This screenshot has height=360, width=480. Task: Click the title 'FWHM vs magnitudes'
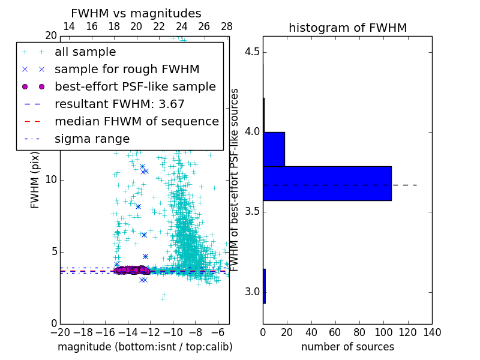136,13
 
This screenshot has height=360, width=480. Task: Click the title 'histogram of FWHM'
348,28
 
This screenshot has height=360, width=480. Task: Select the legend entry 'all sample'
85,52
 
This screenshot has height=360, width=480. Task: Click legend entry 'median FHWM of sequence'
136,121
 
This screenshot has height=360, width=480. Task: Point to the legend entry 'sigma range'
92,139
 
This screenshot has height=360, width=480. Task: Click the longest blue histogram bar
327,183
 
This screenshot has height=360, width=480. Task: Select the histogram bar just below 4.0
274,149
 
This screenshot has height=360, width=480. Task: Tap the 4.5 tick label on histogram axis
252,52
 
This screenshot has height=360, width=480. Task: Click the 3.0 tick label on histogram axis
252,292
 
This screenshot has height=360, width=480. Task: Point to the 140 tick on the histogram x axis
432,332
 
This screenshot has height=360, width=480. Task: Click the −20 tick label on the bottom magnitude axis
60,332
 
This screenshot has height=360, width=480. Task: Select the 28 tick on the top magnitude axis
227,26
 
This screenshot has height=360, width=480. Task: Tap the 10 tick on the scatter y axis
51,180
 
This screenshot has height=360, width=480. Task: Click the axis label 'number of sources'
347,347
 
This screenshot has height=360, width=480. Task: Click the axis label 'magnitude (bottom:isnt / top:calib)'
145,347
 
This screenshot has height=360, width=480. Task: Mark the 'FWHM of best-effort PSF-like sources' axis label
235,180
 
